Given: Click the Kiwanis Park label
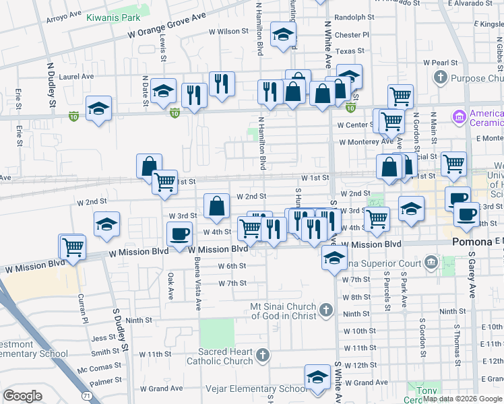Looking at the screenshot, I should point(113,17).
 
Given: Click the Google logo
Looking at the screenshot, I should point(22,395).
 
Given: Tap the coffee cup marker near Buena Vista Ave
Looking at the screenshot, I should point(179,234).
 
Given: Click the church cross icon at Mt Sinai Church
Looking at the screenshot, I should point(326,310).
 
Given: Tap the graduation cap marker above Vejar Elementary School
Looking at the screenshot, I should point(317,378).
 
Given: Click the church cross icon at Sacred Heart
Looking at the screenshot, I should point(263,355).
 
